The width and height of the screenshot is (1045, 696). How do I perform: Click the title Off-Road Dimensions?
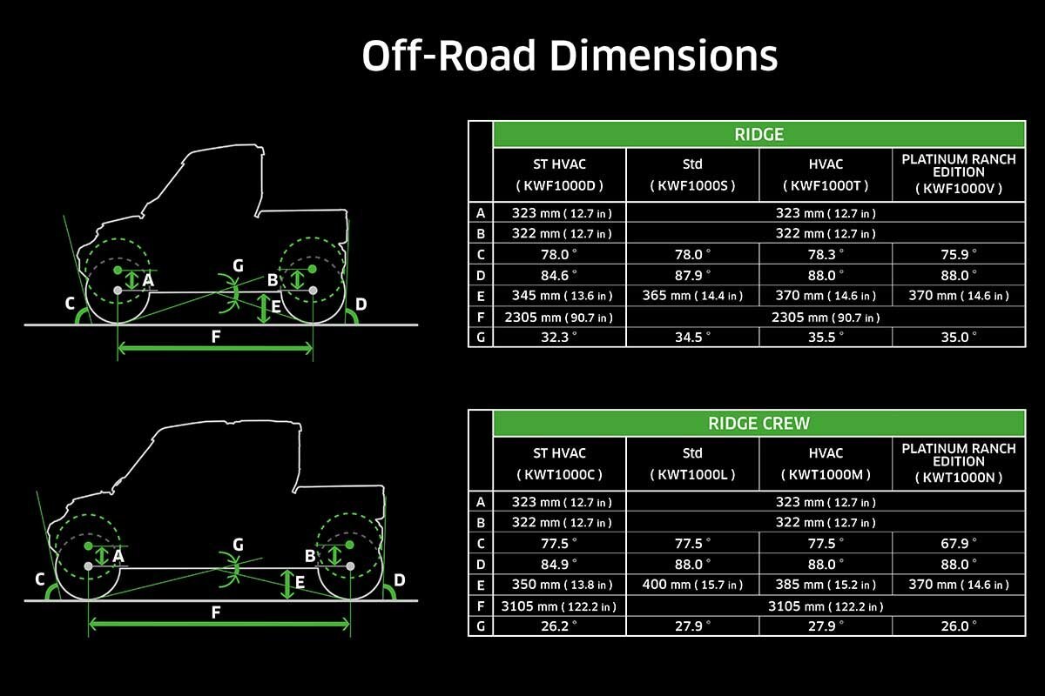point(570,57)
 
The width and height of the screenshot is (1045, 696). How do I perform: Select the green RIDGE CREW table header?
point(758,424)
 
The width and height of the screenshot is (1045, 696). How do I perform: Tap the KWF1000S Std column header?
point(692,174)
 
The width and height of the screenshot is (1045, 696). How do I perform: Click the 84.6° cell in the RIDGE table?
point(559,275)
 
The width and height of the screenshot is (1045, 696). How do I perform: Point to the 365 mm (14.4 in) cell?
point(692,296)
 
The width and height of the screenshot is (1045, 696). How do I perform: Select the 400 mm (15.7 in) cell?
point(692,585)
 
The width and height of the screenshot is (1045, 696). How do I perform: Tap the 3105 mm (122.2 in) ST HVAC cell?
point(559,606)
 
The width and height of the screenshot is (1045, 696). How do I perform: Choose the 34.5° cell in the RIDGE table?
point(692,337)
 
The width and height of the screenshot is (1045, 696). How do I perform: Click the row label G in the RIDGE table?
point(481,337)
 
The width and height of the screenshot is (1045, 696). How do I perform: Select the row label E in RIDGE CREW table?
point(481,585)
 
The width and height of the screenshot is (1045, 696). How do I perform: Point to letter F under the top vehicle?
point(215,337)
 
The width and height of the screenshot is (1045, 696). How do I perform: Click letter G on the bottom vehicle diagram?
point(237,544)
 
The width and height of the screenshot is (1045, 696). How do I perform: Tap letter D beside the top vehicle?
point(361,304)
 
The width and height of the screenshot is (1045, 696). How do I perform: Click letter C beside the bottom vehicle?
point(40,579)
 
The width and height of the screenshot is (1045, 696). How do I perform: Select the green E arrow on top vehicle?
point(263,308)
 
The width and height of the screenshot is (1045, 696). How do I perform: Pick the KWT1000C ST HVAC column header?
point(559,464)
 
